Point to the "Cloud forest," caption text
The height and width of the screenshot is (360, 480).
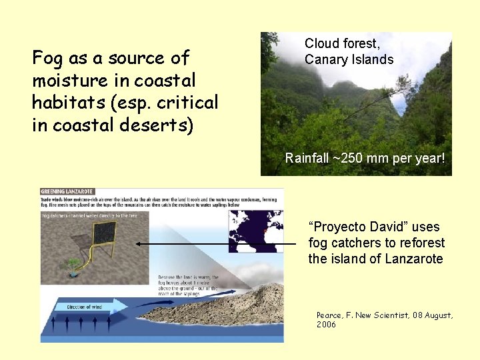click(342, 43)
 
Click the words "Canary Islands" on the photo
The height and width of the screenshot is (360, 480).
click(349, 59)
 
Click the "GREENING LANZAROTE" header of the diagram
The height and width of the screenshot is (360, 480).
click(67, 192)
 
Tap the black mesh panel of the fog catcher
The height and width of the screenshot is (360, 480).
click(103, 233)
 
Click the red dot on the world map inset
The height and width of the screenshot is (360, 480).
click(265, 231)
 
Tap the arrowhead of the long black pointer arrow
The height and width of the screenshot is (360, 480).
click(138, 244)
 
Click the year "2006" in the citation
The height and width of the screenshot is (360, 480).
click(327, 325)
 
